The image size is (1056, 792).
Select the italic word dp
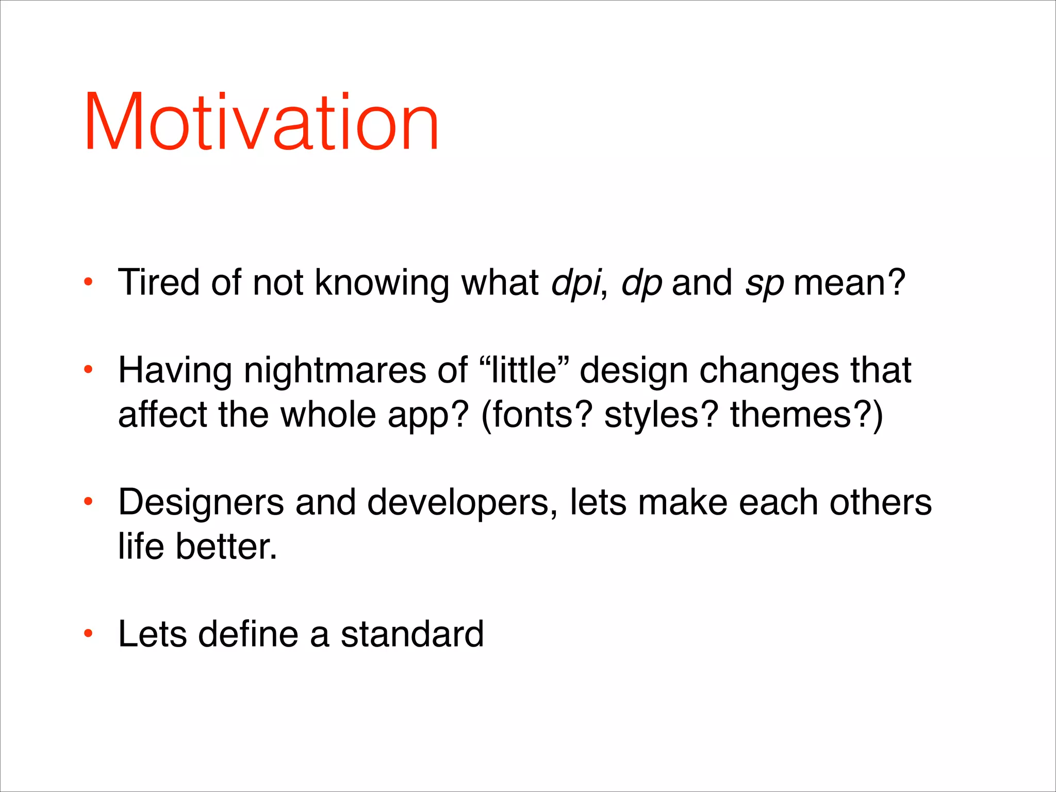coord(641,284)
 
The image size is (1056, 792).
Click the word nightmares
coord(335,371)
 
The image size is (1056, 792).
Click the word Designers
coord(201,503)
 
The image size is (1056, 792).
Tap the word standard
coord(412,634)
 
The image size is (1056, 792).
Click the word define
coord(248,634)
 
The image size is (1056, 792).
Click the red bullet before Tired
coord(88,283)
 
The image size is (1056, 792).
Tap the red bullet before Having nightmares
coord(88,370)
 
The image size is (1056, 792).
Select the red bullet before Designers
coord(88,501)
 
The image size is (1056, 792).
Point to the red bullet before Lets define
coord(88,633)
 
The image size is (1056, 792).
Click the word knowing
coord(382,284)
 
